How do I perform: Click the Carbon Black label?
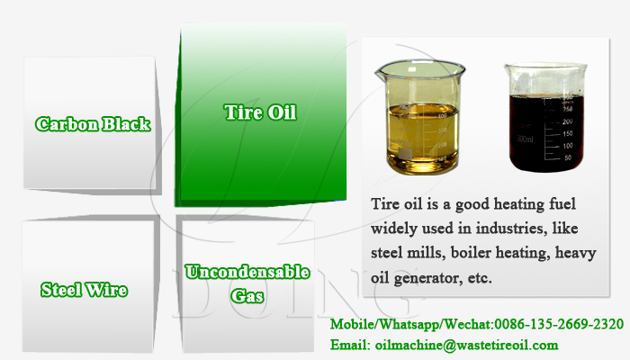click(93, 124)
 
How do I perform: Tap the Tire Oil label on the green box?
click(260, 112)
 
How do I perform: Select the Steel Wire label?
click(85, 290)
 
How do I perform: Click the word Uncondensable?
click(247, 272)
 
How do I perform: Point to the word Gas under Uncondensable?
click(247, 296)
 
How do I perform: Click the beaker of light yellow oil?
click(420, 117)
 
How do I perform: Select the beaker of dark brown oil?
click(545, 117)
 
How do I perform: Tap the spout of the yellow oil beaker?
click(379, 72)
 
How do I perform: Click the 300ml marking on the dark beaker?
click(526, 139)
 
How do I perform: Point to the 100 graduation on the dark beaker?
click(567, 146)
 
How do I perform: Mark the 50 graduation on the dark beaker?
click(568, 157)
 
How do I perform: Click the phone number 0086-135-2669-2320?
click(559, 324)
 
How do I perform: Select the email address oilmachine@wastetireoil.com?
click(466, 345)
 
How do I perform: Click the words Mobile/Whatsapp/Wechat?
click(410, 324)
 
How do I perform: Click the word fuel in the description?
click(562, 203)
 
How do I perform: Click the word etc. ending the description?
click(480, 277)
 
